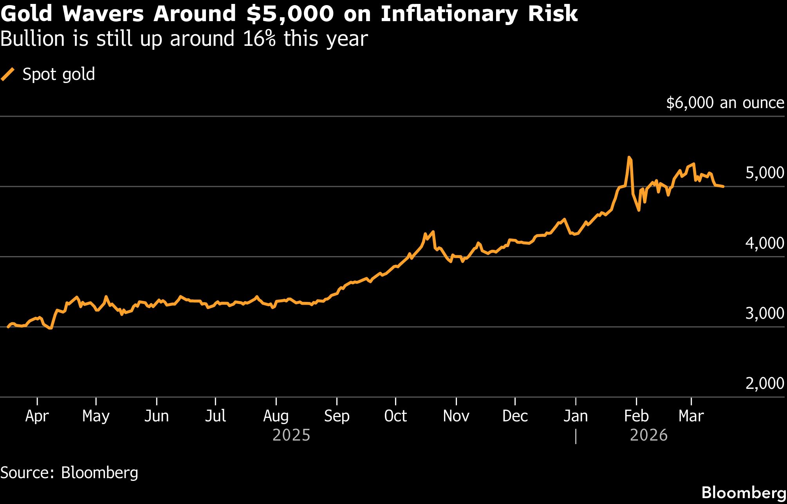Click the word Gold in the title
coord(26,14)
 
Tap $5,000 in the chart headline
coord(290,14)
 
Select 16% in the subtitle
coord(259,39)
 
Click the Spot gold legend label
coord(59,74)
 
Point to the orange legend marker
coord(8,74)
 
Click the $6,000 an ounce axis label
coord(725,103)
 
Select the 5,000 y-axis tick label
coord(764,173)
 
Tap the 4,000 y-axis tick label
coord(764,243)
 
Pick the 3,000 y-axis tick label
coord(764,313)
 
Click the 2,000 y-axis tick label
coord(764,383)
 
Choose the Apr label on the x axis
coord(37,416)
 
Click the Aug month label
coord(276,416)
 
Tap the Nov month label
coord(456,416)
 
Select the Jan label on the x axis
coord(576,416)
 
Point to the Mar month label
coord(691,416)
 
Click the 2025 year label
coord(291,435)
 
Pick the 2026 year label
coord(648,435)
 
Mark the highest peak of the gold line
coord(629,157)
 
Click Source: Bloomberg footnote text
coord(69,473)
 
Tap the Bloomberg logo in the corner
coord(744,493)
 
